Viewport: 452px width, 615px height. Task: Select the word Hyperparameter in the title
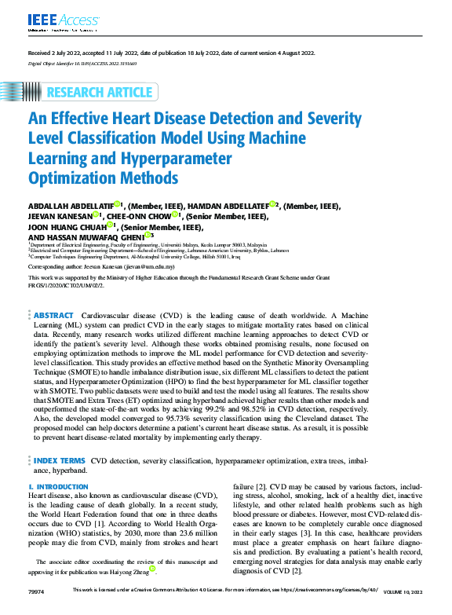tap(174, 158)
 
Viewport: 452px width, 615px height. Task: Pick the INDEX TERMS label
tap(59, 461)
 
